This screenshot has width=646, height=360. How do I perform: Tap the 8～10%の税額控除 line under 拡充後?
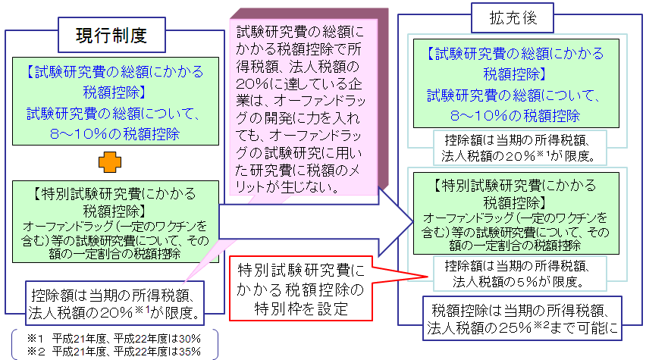[515, 115]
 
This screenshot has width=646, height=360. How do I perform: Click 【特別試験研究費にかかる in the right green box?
[516, 186]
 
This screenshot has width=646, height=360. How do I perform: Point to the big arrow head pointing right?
[394, 215]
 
